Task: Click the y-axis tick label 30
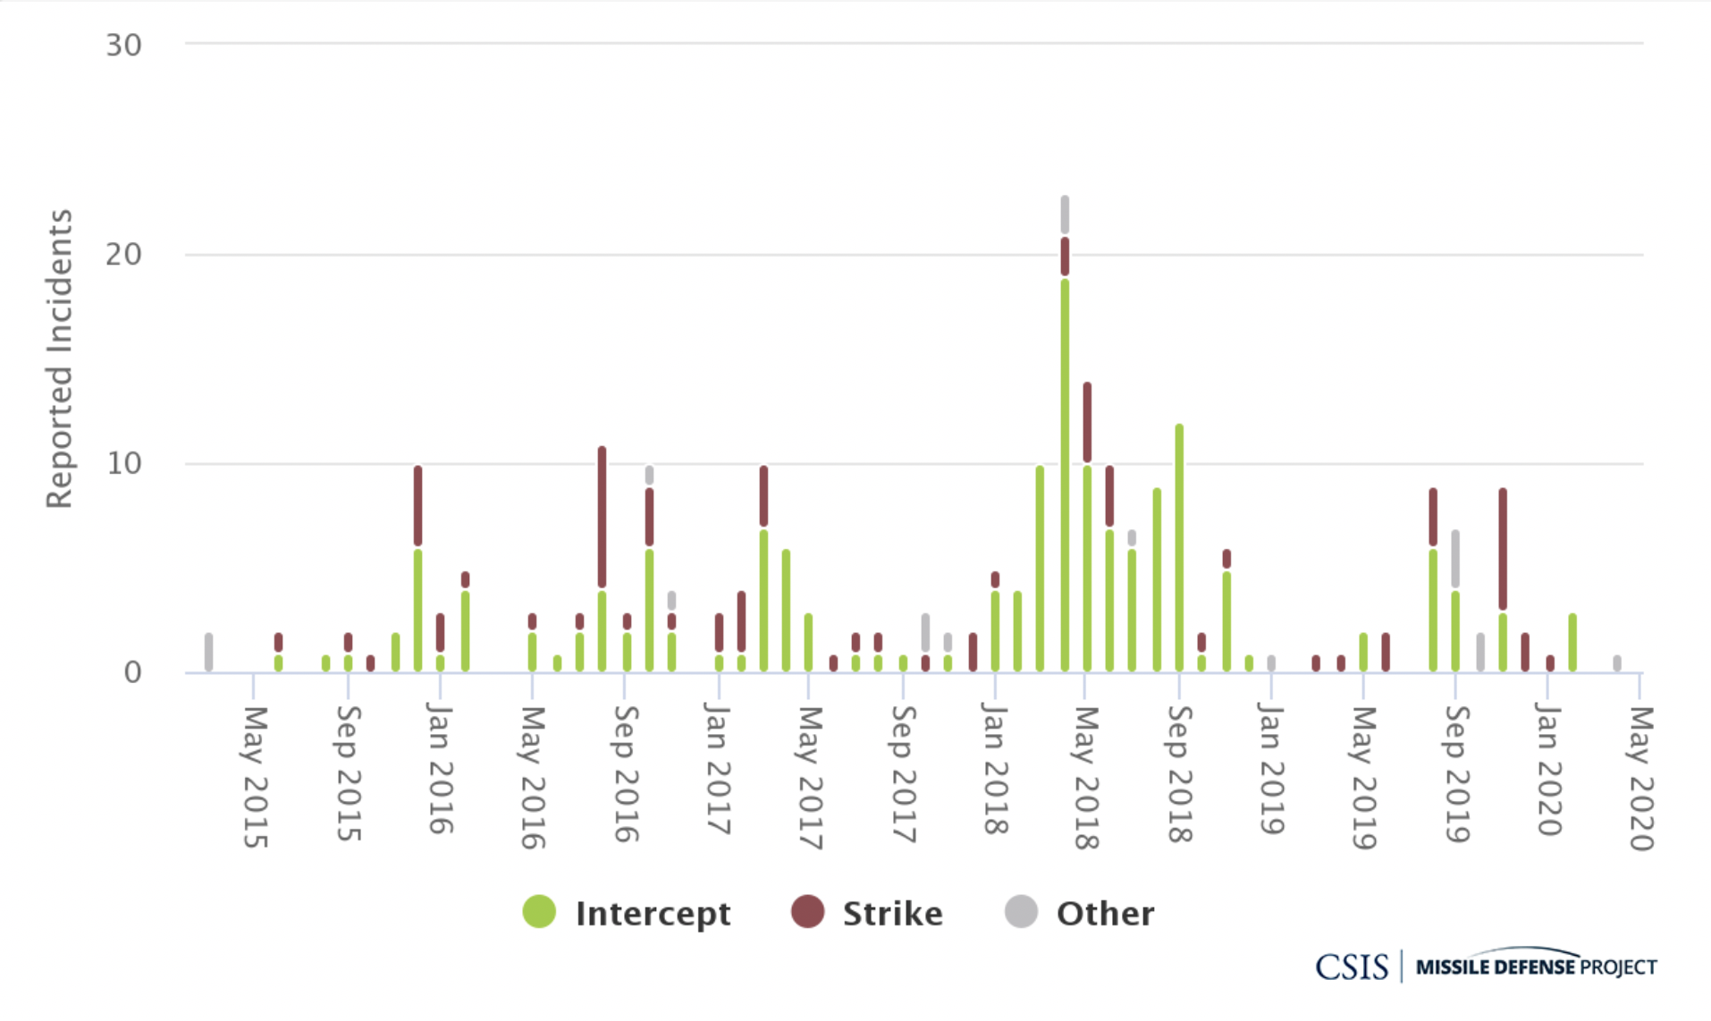point(123,46)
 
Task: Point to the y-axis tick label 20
point(123,255)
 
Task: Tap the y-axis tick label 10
point(123,464)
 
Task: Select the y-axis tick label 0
point(132,672)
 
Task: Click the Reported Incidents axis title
point(59,359)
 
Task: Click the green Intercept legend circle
point(539,912)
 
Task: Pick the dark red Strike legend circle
point(807,912)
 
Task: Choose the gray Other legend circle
point(1021,912)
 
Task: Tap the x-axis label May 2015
point(256,776)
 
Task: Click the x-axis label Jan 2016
point(440,768)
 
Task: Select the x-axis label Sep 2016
point(626,773)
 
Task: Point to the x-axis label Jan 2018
point(995,768)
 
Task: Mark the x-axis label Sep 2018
point(1180,773)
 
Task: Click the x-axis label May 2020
point(1641,778)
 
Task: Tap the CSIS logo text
point(1351,966)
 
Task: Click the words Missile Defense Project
point(1536,966)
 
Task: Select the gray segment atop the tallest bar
point(1065,215)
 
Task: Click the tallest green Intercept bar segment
point(1065,474)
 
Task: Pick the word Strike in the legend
point(892,914)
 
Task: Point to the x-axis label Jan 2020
point(1549,768)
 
